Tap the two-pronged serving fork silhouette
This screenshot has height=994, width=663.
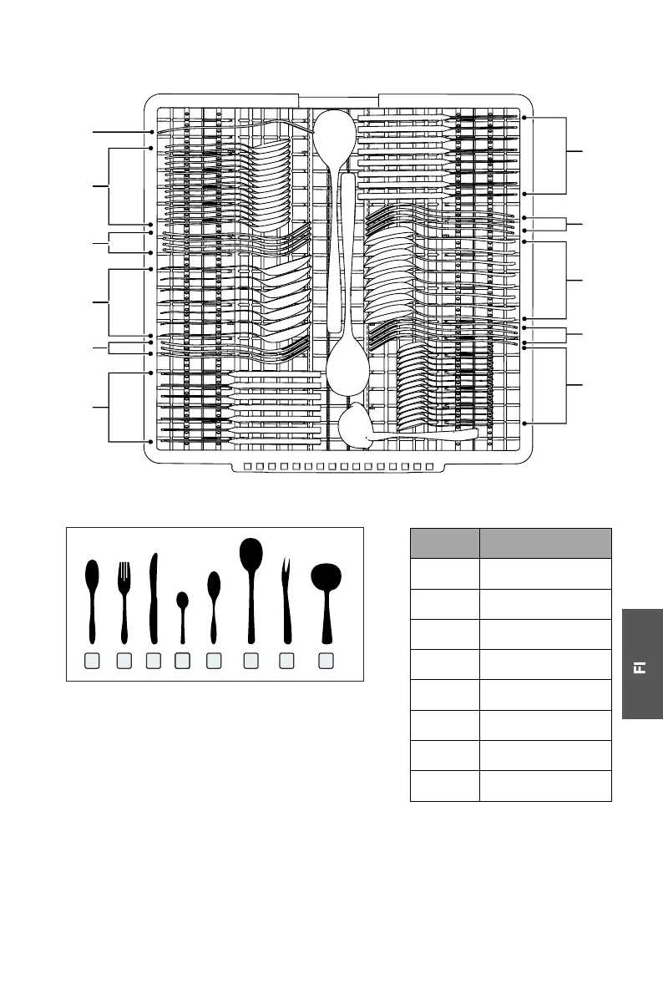[x=287, y=597]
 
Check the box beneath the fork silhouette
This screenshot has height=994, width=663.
[x=124, y=661]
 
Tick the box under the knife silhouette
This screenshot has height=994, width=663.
[x=153, y=661]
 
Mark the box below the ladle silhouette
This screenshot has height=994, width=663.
[x=326, y=661]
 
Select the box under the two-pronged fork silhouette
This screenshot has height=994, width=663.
[x=287, y=661]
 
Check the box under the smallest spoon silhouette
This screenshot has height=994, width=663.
[x=182, y=661]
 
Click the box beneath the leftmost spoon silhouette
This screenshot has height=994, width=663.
[x=92, y=661]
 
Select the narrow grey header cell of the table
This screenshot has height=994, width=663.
[x=444, y=543]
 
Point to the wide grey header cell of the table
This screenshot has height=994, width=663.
[x=545, y=543]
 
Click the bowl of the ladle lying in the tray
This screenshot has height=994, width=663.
[x=356, y=423]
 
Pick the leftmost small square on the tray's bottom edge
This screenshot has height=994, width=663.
[x=250, y=466]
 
